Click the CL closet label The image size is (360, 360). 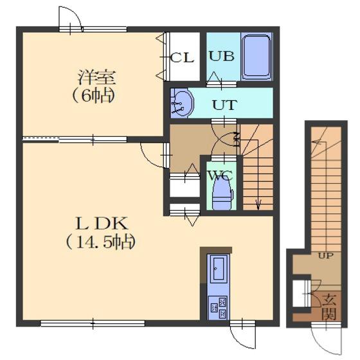point(182,58)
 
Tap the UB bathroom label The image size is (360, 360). point(222,57)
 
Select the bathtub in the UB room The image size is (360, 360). point(256,57)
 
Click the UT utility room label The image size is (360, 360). point(224,105)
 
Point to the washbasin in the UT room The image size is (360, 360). point(181,104)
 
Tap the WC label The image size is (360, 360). point(221,176)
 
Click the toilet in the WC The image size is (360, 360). point(222,194)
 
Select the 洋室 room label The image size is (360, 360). point(96,77)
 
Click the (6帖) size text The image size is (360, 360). point(94,96)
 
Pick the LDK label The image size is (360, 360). point(102,224)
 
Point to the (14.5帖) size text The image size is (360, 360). point(100,242)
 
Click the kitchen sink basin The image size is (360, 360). point(219,269)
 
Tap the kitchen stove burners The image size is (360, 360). point(218,307)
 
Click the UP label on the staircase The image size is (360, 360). point(326,256)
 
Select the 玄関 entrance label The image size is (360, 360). point(329,307)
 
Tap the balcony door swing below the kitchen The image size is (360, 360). point(238,342)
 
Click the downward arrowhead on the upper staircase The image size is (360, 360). point(258,204)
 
